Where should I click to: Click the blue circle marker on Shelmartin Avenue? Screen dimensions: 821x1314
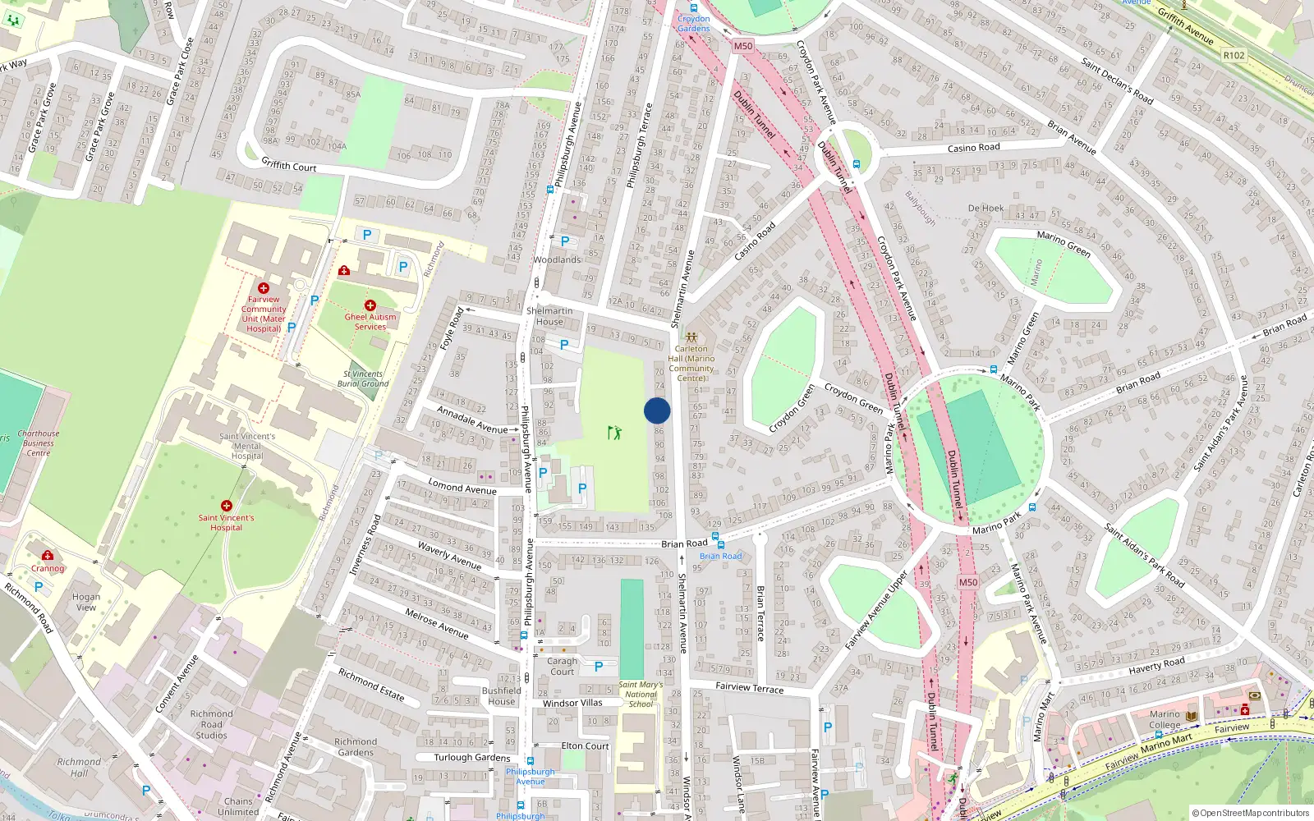(x=657, y=410)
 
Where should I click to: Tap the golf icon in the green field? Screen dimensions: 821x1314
(x=614, y=432)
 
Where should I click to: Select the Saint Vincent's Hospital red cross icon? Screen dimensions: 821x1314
(x=227, y=506)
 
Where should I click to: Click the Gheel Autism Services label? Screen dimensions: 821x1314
(x=370, y=322)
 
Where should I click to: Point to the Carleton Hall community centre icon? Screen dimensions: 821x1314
(x=691, y=337)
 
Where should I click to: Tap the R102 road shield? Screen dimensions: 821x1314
(x=1234, y=56)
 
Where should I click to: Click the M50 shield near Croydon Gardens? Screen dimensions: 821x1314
(x=743, y=46)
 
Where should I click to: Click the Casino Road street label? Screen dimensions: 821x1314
(x=973, y=148)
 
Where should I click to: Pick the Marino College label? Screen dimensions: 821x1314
(x=1165, y=719)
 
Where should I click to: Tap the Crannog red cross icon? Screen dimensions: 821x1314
(x=48, y=556)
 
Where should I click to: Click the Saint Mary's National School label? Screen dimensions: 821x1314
(x=641, y=694)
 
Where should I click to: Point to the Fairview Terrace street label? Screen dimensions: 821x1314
(x=749, y=687)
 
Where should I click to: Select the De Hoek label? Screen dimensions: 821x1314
(x=985, y=209)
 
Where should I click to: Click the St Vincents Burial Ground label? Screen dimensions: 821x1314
(x=363, y=378)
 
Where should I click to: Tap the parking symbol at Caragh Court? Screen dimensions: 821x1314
(x=599, y=667)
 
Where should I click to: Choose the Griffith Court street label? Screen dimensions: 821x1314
(x=289, y=165)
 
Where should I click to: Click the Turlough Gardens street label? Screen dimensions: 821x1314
(x=472, y=758)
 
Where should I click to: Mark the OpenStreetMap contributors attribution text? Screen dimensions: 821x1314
(x=1250, y=814)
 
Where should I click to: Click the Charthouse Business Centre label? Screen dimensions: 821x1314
(x=39, y=443)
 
